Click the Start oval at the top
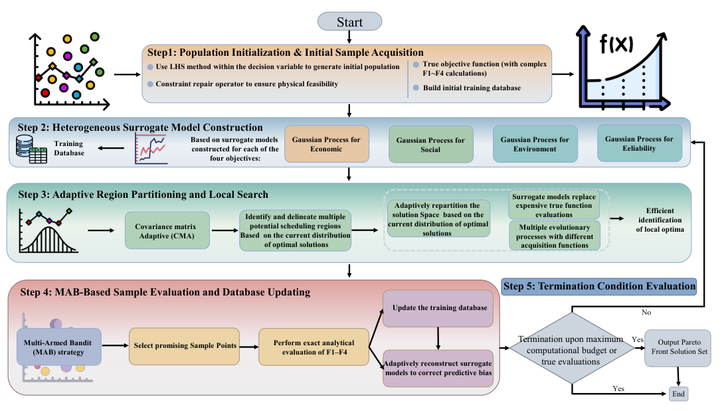349,22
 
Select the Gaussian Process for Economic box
327,144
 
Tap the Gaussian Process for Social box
430,145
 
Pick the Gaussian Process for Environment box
535,144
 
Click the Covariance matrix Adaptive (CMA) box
167,230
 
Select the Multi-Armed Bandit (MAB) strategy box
59,347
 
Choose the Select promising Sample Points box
184,347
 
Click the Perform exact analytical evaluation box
314,347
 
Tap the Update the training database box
438,308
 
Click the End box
678,394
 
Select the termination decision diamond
571,348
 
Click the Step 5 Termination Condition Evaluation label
598,286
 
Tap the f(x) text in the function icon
616,44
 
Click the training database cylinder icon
25,146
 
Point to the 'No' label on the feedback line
646,313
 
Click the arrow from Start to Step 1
349,37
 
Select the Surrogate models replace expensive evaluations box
554,205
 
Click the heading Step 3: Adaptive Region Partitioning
143,195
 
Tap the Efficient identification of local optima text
660,220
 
